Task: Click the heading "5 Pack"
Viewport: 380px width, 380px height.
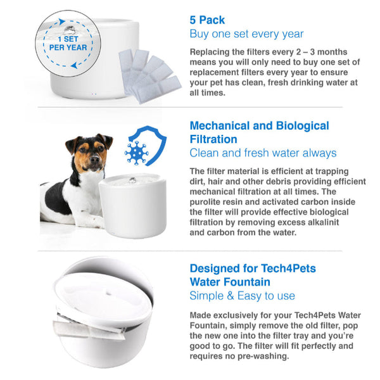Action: click(x=208, y=19)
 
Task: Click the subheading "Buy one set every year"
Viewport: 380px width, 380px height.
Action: click(x=246, y=34)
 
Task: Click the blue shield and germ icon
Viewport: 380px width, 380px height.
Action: click(x=145, y=147)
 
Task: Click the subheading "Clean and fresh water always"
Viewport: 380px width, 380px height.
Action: click(x=263, y=153)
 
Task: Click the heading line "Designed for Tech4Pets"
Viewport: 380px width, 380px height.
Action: click(x=253, y=269)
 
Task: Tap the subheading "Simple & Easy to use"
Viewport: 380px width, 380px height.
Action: click(x=242, y=296)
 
